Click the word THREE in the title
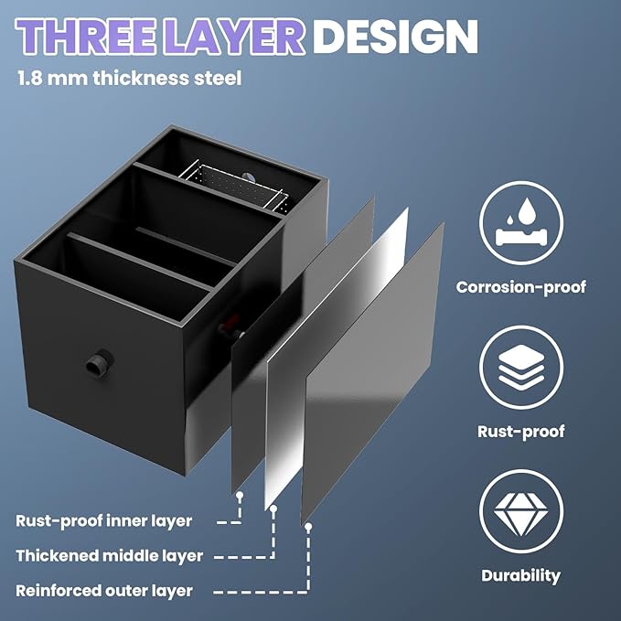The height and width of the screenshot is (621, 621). tap(85, 37)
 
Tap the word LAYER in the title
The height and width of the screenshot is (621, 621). tap(233, 37)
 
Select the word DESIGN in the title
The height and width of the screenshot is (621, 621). tap(395, 37)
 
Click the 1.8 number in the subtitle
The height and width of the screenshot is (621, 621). tap(29, 78)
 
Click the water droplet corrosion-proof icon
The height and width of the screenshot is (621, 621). tap(520, 223)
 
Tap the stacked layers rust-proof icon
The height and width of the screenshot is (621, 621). tap(520, 368)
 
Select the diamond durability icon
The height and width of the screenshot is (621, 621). tap(520, 511)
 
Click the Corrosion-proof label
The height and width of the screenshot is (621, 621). tap(520, 287)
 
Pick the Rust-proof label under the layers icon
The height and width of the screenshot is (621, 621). tap(520, 432)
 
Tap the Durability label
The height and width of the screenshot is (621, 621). tap(520, 576)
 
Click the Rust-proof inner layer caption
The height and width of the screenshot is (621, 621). tap(103, 520)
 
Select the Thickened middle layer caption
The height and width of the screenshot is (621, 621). tap(110, 556)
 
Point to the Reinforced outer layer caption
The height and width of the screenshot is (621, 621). tap(104, 591)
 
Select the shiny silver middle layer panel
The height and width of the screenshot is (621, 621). tap(336, 357)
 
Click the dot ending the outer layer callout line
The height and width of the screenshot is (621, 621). tap(307, 527)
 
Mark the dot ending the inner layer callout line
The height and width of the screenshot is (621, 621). tap(240, 495)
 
